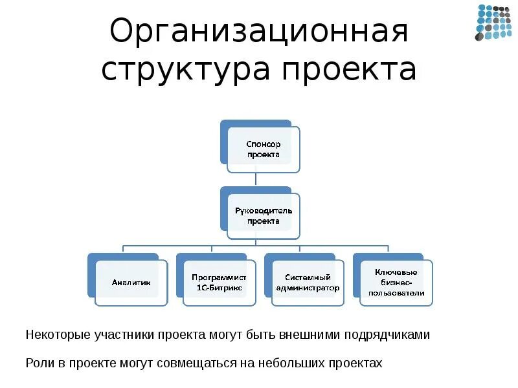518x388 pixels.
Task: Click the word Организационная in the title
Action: click(x=259, y=32)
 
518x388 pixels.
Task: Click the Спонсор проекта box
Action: click(x=264, y=149)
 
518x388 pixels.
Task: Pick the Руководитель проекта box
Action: click(x=264, y=216)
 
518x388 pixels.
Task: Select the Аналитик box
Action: click(x=131, y=283)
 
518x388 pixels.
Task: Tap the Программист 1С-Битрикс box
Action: click(x=220, y=283)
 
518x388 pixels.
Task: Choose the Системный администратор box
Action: click(x=308, y=283)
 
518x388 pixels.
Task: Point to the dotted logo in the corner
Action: click(x=493, y=23)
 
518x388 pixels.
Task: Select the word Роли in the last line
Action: click(x=38, y=363)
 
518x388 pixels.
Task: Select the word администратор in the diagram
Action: click(x=308, y=288)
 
